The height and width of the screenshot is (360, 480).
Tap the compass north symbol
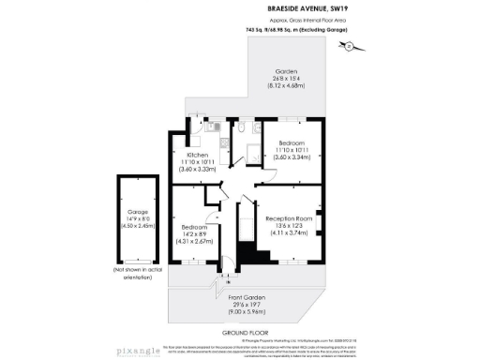point(348,45)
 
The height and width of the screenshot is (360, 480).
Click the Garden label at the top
point(285,71)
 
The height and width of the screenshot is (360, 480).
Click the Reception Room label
point(287,217)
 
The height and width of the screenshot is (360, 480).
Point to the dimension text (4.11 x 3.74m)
point(287,232)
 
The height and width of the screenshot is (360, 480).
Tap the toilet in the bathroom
point(242,128)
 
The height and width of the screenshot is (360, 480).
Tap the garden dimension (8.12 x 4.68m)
point(285,86)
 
